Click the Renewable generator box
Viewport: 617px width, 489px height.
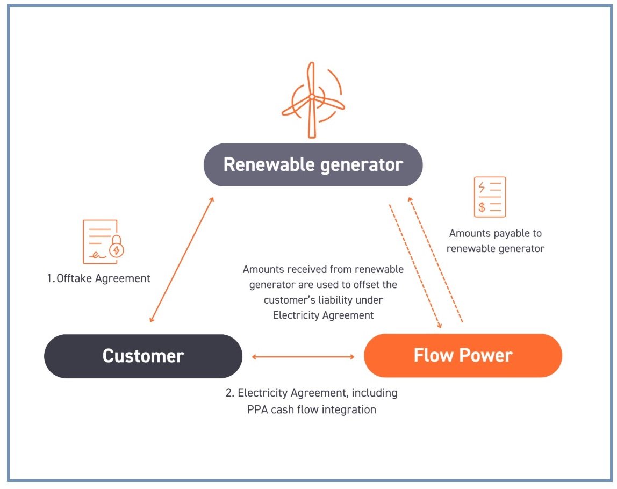(x=313, y=164)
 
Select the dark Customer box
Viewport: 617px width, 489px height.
(x=143, y=356)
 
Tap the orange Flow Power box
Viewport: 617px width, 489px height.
(x=463, y=355)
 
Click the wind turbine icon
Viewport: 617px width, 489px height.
(x=312, y=100)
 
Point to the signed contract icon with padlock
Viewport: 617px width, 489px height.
(x=103, y=242)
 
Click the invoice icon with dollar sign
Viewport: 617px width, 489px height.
(x=490, y=197)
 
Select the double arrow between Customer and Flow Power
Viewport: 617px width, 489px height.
(x=303, y=357)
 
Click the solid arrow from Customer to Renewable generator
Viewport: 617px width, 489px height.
(x=182, y=260)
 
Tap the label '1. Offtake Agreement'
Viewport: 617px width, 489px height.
(x=98, y=278)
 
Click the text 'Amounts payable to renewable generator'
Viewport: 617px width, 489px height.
(x=496, y=241)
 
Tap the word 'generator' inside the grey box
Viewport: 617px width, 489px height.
(x=362, y=165)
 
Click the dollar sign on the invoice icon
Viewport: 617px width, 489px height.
(x=482, y=207)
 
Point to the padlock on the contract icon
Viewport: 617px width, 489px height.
(x=117, y=246)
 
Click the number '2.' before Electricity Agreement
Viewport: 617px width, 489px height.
(x=230, y=393)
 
